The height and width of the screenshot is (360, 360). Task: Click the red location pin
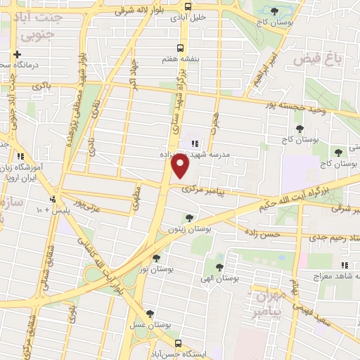tap(181, 165)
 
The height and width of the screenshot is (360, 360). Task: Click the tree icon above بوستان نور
tap(166, 257)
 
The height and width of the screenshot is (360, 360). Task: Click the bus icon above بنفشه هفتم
tap(181, 48)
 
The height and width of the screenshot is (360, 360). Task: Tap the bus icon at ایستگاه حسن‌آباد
tap(177, 343)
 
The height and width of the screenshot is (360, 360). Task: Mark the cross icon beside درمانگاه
tap(16, 54)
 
